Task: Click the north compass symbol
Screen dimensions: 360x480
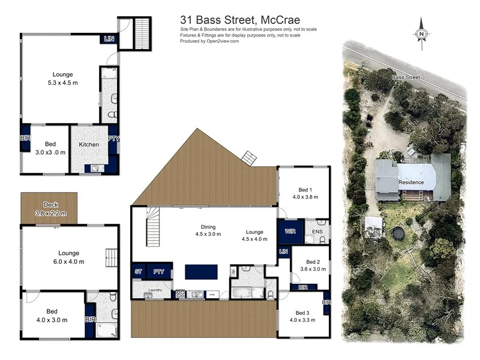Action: tap(422, 34)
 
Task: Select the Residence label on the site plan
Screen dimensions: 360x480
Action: tap(411, 182)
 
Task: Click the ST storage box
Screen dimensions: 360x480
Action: tap(138, 272)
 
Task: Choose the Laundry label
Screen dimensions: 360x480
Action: tap(156, 289)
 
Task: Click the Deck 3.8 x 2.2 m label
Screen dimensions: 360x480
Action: tap(50, 209)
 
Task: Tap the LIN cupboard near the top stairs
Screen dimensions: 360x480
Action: tap(109, 39)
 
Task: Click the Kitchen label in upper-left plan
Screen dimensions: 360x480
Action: tap(89, 145)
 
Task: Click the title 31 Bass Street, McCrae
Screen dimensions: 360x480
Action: tap(240, 20)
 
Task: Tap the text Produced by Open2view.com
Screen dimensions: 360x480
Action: tap(209, 41)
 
